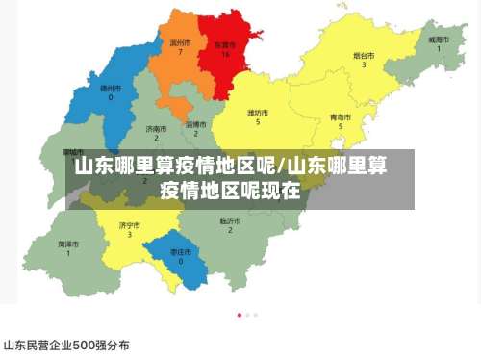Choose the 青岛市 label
coord(341,116)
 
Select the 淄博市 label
coord(195,124)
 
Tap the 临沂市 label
coord(229,220)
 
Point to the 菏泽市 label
coord(67,244)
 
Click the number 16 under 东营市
coord(225,54)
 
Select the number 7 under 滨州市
coord(180,52)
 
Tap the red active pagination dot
coord(239,315)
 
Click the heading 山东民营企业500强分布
coord(66,344)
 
